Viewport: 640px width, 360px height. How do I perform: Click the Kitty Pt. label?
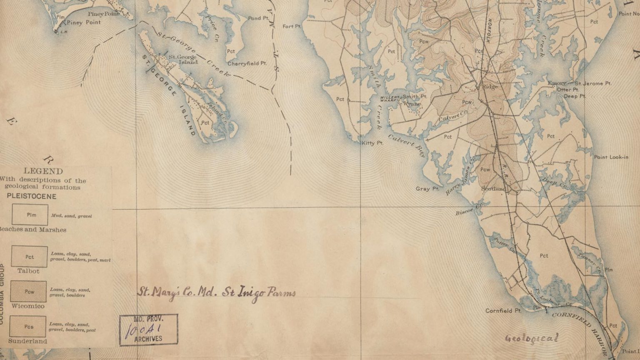(x=372, y=143)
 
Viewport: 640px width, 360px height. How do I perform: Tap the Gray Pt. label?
(x=427, y=189)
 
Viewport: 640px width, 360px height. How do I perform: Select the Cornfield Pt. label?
(x=503, y=311)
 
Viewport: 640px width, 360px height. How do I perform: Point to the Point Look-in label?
(x=611, y=157)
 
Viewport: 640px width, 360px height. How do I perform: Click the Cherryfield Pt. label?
(x=247, y=64)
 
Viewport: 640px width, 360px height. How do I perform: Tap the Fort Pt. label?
(x=291, y=26)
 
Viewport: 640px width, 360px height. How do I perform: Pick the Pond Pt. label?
(x=258, y=18)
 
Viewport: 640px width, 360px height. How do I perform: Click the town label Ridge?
(x=490, y=87)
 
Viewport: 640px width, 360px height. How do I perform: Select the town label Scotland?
(x=493, y=189)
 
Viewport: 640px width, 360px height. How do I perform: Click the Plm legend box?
(x=30, y=215)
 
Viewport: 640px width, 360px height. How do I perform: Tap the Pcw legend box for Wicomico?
(x=28, y=292)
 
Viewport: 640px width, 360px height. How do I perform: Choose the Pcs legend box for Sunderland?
(x=28, y=327)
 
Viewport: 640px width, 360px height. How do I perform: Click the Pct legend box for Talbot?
(x=29, y=256)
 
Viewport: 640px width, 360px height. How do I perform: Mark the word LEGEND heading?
(x=43, y=171)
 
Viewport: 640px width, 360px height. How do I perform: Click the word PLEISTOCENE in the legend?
(x=31, y=196)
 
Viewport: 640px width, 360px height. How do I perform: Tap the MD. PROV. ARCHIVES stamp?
(x=148, y=330)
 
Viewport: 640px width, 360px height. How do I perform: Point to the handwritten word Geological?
(x=531, y=338)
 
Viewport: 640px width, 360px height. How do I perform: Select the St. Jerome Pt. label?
(x=593, y=83)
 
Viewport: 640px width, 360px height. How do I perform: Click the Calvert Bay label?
(x=408, y=145)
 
